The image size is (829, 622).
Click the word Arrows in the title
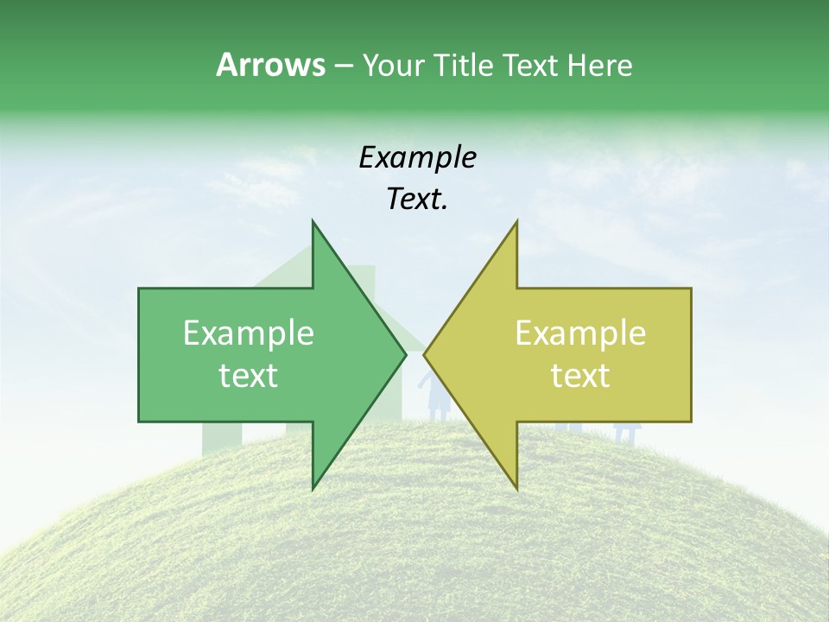click(x=270, y=65)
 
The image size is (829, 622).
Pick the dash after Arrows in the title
click(x=343, y=67)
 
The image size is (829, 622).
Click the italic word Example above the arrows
click(x=417, y=157)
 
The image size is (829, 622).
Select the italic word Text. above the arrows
click(x=417, y=200)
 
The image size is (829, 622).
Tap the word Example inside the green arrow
click(x=248, y=333)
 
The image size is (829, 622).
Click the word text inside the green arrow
click(x=248, y=376)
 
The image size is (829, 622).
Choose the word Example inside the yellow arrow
click(x=580, y=333)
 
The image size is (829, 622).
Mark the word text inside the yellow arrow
click(x=580, y=376)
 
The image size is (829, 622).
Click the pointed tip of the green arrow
click(x=405, y=354)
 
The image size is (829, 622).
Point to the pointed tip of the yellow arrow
click(x=425, y=354)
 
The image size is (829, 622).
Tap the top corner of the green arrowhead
click(x=313, y=222)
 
